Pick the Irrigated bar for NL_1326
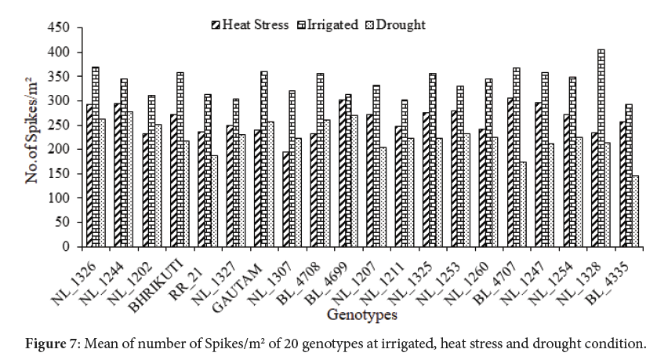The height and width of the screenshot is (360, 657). pos(95,157)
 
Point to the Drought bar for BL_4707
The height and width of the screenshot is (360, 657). pos(523,204)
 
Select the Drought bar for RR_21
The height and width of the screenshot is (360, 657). pos(214,201)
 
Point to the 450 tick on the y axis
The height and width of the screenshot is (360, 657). pos(60,28)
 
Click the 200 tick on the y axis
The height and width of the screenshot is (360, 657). pos(60,149)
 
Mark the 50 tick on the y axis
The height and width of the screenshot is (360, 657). pos(64,222)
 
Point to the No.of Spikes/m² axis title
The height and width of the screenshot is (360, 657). pos(33,136)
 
